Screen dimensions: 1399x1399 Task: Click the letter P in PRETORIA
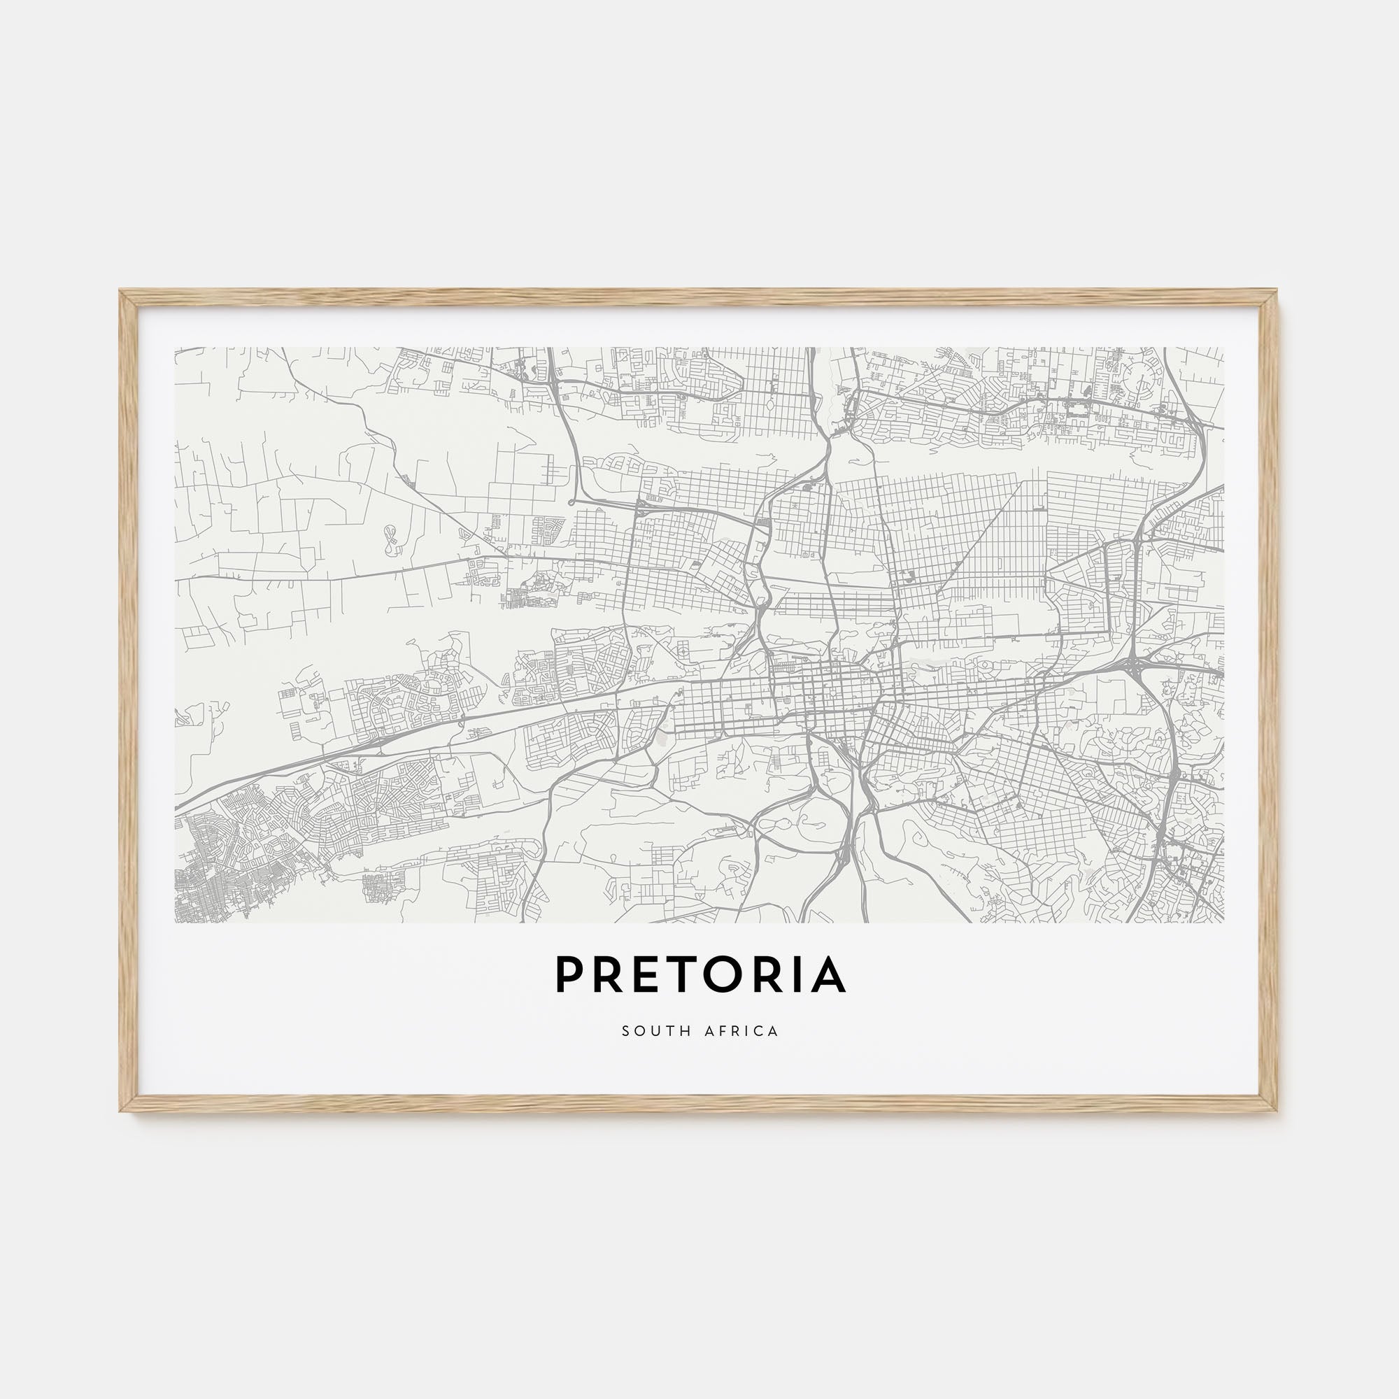point(571,975)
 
